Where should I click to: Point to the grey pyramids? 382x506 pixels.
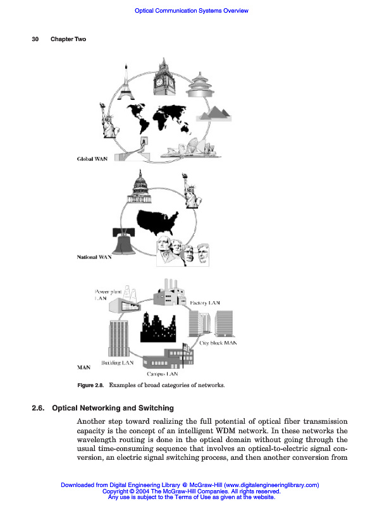214,114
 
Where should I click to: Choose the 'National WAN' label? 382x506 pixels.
94,257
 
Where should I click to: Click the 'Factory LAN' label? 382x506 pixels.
205,304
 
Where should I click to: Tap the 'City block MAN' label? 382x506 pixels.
218,343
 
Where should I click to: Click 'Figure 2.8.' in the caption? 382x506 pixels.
90,385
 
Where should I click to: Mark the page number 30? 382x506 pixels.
35,39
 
